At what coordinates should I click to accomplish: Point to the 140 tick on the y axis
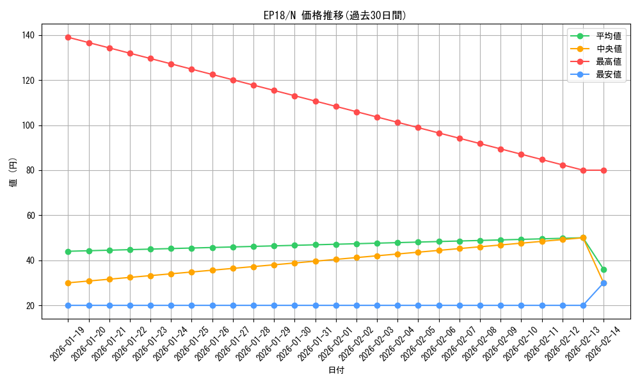pyautogui.click(x=30, y=35)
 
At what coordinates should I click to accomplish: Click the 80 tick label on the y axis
pyautogui.click(x=32, y=170)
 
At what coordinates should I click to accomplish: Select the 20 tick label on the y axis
pyautogui.click(x=32, y=306)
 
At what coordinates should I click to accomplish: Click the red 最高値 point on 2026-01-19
pyautogui.click(x=68, y=37)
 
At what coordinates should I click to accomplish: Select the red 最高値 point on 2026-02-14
pyautogui.click(x=604, y=170)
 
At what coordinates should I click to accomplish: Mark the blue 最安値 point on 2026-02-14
pyautogui.click(x=604, y=283)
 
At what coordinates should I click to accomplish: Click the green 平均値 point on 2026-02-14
pyautogui.click(x=604, y=269)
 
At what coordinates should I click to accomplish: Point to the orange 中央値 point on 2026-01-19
pyautogui.click(x=68, y=283)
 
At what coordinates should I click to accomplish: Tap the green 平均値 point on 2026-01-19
pyautogui.click(x=68, y=252)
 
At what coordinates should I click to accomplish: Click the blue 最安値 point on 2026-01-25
pyautogui.click(x=192, y=305)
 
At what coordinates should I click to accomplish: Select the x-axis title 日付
pyautogui.click(x=336, y=371)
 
